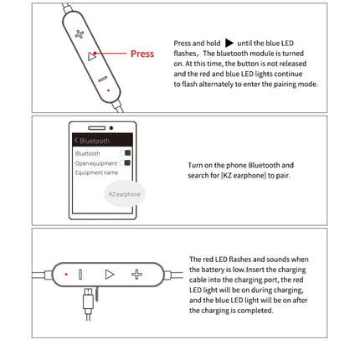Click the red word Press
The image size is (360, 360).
pyautogui.click(x=141, y=54)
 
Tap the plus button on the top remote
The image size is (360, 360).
pyautogui.click(x=80, y=34)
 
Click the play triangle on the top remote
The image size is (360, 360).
pyautogui.click(x=92, y=56)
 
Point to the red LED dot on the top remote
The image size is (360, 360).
pyautogui.click(x=107, y=90)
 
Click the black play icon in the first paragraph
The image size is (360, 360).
pyautogui.click(x=229, y=42)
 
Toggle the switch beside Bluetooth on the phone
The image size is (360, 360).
pyautogui.click(x=127, y=153)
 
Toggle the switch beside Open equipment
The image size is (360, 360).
pyautogui.click(x=127, y=162)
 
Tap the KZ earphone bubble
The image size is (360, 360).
pyautogui.click(x=124, y=193)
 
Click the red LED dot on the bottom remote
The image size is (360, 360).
pyautogui.click(x=66, y=274)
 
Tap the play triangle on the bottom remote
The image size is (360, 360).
pyautogui.click(x=109, y=274)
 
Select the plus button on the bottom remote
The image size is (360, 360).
pyautogui.click(x=136, y=274)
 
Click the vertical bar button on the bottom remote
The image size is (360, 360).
pyautogui.click(x=81, y=274)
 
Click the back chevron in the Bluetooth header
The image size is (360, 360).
pyautogui.click(x=76, y=141)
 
